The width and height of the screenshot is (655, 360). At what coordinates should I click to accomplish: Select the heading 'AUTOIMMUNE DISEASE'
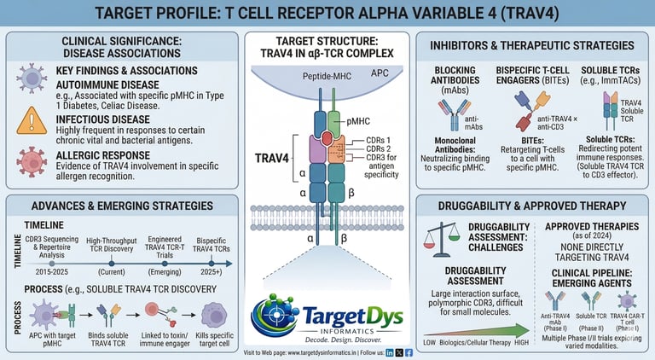click(108, 88)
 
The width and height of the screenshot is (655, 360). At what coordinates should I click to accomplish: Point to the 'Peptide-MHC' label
click(301, 78)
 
